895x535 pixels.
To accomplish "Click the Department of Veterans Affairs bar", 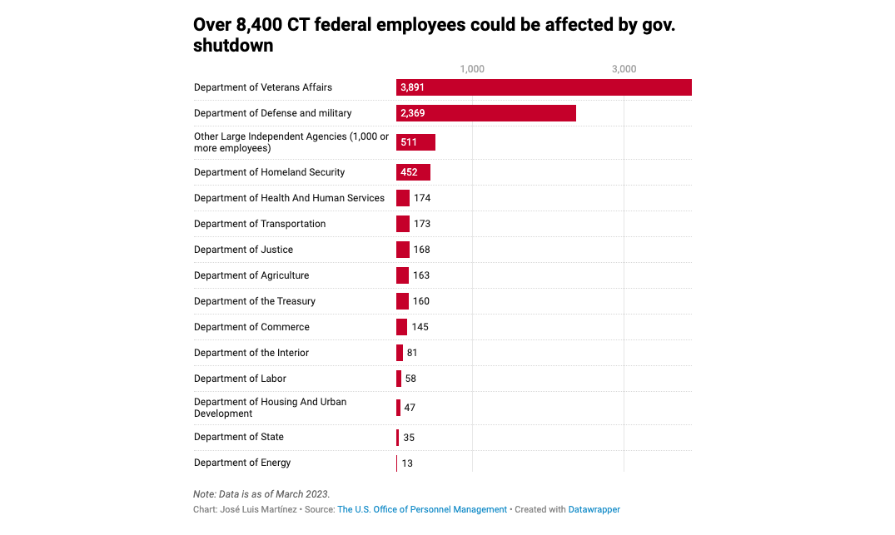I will (544, 87).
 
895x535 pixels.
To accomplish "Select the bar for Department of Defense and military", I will (485, 113).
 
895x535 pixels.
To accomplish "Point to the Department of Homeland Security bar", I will (413, 172).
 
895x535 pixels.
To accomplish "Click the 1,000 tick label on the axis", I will (472, 69).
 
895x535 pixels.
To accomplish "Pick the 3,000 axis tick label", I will (624, 69).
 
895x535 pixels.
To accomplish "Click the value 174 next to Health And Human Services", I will (422, 198).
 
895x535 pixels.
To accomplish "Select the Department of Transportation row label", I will (260, 224).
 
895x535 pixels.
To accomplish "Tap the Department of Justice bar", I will (403, 250).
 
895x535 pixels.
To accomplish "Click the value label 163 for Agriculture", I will (421, 275).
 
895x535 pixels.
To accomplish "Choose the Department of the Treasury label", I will (255, 301).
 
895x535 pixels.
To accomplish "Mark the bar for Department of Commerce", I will (401, 327).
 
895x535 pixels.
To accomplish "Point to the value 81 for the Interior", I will (412, 353).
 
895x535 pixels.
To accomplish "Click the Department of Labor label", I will (240, 379).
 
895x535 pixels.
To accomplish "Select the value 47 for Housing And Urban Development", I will (410, 408).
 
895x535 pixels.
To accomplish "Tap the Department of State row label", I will (239, 437).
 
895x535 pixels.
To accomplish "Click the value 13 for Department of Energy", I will (407, 463).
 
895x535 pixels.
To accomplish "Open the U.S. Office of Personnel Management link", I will (422, 509).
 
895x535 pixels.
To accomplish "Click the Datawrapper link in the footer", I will (594, 509).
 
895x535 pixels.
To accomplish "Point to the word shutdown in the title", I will (233, 46).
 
